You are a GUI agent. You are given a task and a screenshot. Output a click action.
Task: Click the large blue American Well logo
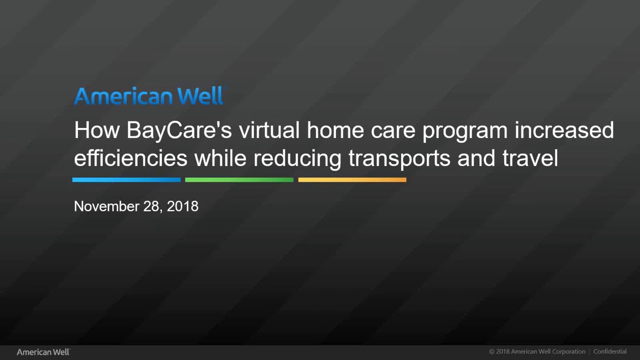pyautogui.click(x=149, y=96)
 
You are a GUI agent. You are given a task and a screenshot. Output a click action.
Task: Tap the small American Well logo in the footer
pyautogui.click(x=43, y=352)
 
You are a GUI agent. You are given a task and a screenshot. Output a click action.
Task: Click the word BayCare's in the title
pyautogui.click(x=179, y=130)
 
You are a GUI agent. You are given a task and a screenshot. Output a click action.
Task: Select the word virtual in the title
pyautogui.click(x=269, y=130)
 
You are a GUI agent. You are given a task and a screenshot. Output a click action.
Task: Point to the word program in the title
pyautogui.click(x=465, y=131)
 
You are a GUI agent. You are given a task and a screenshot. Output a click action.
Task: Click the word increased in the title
pyautogui.click(x=564, y=130)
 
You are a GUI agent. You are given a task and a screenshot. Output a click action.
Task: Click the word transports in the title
pyautogui.click(x=399, y=159)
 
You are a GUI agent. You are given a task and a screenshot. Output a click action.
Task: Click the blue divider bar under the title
pyautogui.click(x=126, y=180)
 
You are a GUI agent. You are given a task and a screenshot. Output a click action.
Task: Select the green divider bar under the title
pyautogui.click(x=239, y=180)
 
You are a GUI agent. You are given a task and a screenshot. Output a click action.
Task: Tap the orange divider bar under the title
pyautogui.click(x=352, y=180)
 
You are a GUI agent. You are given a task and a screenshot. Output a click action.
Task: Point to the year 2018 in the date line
pyautogui.click(x=182, y=206)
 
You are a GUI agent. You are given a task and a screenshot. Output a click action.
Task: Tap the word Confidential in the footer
pyautogui.click(x=610, y=352)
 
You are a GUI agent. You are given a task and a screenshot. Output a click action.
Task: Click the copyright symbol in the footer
pyautogui.click(x=492, y=352)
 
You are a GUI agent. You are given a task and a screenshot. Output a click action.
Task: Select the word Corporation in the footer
pyautogui.click(x=569, y=352)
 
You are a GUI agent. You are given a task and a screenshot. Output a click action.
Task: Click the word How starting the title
pyautogui.click(x=97, y=130)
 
